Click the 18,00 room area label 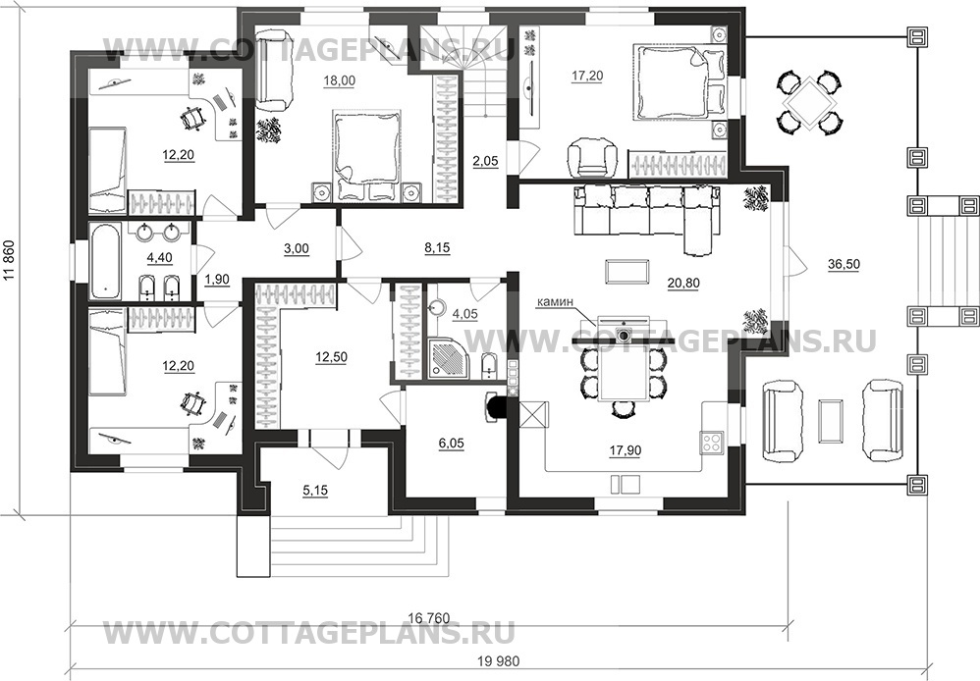(x=340, y=80)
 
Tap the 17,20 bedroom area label (x=587, y=76)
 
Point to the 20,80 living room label (x=683, y=283)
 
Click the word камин (x=555, y=302)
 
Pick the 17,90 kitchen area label (x=625, y=449)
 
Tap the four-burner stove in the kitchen (x=712, y=442)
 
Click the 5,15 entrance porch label (x=315, y=491)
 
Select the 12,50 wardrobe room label (x=331, y=357)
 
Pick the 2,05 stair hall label (x=486, y=161)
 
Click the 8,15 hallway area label (x=438, y=248)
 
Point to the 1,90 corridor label (x=217, y=280)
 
